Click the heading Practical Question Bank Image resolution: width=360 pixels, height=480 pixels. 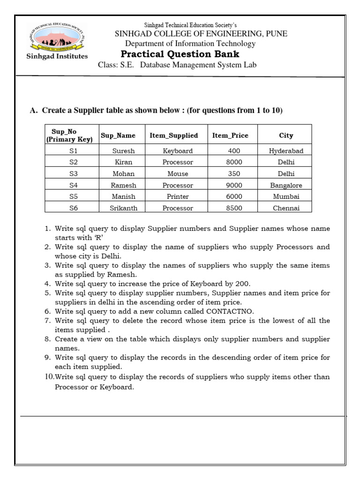[x=180, y=54]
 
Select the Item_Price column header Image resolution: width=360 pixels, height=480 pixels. [x=230, y=135]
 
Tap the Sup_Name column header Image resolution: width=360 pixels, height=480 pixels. [x=118, y=135]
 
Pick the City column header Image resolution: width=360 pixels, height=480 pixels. [x=286, y=135]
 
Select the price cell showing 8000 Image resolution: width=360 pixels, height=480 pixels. [x=234, y=162]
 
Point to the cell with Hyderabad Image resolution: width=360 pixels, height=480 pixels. [x=286, y=151]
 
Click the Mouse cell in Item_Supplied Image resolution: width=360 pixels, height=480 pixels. [x=178, y=174]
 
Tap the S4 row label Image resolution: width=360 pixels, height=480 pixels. [x=74, y=185]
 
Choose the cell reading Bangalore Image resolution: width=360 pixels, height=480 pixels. [x=286, y=185]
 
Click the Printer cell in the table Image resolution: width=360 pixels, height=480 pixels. [x=178, y=197]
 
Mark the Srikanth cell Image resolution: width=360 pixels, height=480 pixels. [x=123, y=208]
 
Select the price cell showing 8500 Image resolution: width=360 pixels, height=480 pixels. [x=234, y=208]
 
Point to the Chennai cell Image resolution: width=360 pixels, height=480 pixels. [x=286, y=208]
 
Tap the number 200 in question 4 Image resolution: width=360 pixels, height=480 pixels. [x=244, y=283]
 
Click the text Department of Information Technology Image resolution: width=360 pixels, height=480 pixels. [x=190, y=44]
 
